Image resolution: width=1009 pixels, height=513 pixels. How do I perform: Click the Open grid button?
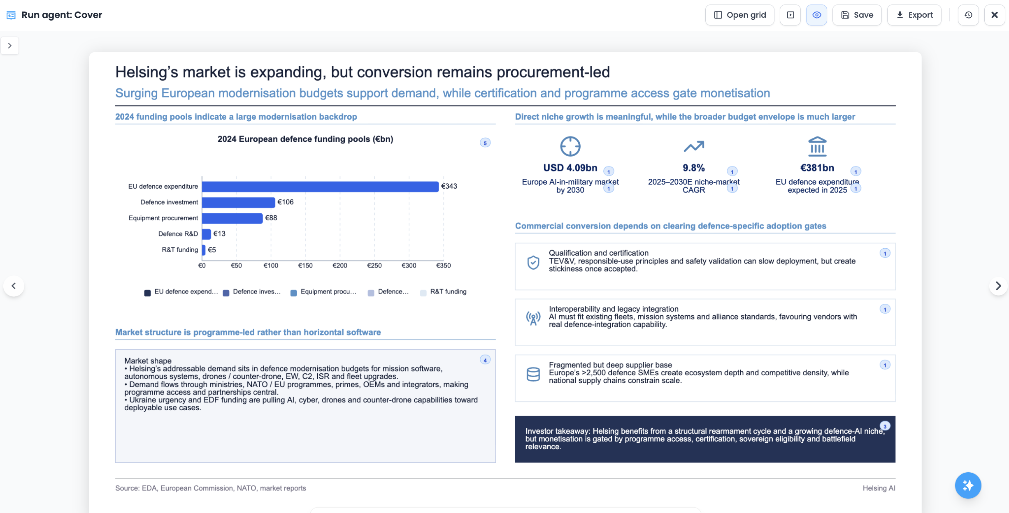(739, 15)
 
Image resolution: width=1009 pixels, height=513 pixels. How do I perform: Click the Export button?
(914, 15)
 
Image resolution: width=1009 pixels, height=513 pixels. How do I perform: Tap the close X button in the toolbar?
(995, 15)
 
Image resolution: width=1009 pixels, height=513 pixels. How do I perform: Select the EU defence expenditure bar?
(320, 187)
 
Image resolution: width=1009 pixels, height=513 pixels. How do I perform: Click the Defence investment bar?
(238, 202)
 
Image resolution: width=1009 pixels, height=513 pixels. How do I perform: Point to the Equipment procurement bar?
(232, 218)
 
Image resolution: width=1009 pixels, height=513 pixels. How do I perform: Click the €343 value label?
(449, 186)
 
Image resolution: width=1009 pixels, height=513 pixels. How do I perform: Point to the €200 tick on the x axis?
(340, 266)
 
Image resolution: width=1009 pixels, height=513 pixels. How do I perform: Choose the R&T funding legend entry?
(443, 292)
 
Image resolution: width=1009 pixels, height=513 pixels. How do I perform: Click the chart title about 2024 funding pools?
(305, 139)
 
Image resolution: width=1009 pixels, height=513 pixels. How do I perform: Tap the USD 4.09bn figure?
(570, 168)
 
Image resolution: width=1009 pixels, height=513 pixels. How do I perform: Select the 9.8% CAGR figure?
(694, 168)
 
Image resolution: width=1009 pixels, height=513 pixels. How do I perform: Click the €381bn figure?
(817, 168)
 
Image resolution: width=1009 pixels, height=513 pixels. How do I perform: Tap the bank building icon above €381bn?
(817, 146)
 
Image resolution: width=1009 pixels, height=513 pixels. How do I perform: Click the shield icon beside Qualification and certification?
(533, 262)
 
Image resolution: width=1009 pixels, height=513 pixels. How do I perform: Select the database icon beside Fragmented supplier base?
(533, 374)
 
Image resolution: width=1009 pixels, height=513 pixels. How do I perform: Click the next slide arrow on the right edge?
(998, 286)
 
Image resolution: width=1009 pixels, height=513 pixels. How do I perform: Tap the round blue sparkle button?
(968, 485)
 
